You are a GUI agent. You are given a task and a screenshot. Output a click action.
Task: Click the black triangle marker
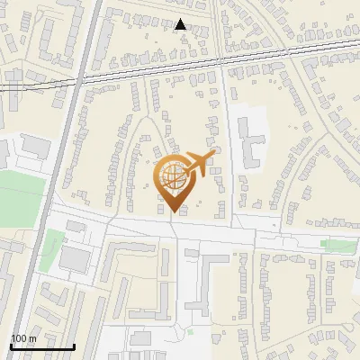(181, 24)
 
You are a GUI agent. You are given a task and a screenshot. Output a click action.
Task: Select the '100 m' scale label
(23, 338)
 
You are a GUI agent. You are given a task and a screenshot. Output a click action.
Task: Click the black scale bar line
(42, 346)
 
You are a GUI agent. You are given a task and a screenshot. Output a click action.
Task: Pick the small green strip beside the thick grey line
(55, 243)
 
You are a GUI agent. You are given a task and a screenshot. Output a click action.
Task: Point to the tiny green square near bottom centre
(191, 331)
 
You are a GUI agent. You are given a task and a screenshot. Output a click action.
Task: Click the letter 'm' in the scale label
(31, 338)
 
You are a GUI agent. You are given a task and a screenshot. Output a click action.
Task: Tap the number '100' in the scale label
(19, 338)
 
